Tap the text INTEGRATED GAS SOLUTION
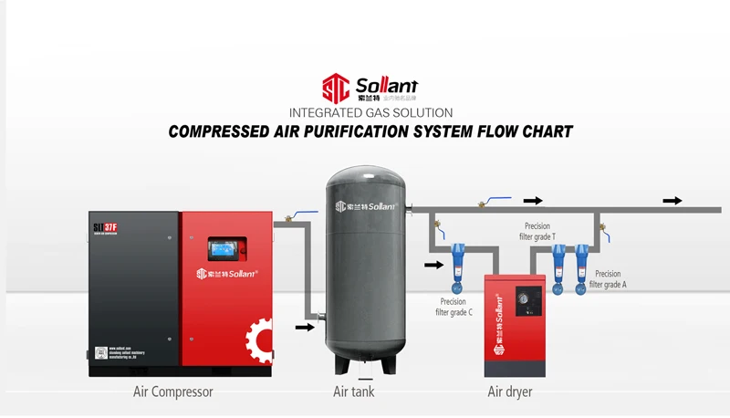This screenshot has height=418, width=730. click(x=370, y=113)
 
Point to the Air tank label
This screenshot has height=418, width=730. click(x=354, y=392)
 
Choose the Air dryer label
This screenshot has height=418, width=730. click(x=510, y=392)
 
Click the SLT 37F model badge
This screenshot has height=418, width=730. click(x=106, y=226)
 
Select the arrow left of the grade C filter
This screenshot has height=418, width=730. click(x=433, y=266)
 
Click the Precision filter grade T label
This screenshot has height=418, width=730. click(x=540, y=231)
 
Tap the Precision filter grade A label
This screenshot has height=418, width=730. click(x=608, y=279)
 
